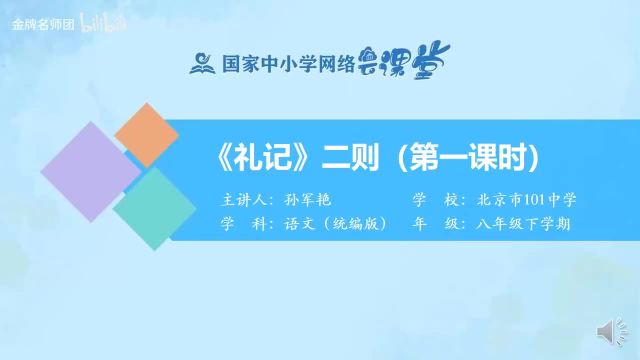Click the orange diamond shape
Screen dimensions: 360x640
[x=146, y=135]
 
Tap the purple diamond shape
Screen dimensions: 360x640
[x=90, y=171]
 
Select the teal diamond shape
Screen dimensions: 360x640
[x=155, y=208]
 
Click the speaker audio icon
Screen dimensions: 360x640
[x=611, y=331]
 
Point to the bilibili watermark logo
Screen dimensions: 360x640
[x=103, y=24]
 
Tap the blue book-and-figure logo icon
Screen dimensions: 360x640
[x=202, y=63]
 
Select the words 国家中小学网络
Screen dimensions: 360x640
[x=288, y=63]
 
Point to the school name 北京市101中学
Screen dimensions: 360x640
[x=526, y=200]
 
